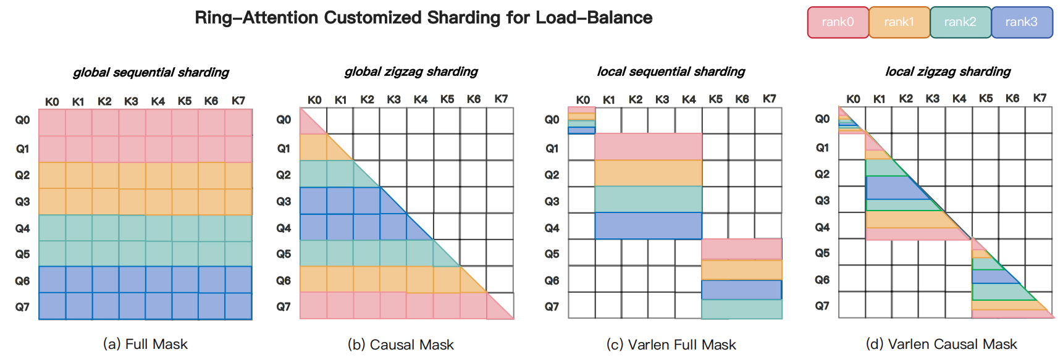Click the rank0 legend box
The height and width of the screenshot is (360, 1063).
pyautogui.click(x=838, y=22)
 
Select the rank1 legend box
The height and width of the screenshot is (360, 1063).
pyautogui.click(x=899, y=22)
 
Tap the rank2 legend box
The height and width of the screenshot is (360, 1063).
pyautogui.click(x=960, y=22)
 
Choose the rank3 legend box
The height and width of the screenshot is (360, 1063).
pyautogui.click(x=1021, y=22)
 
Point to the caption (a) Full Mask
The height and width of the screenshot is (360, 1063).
pyautogui.click(x=145, y=344)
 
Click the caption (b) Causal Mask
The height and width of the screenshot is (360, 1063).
pyautogui.click(x=401, y=344)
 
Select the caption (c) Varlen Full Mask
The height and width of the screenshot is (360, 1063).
pyautogui.click(x=671, y=344)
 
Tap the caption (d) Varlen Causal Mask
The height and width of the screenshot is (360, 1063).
pyautogui.click(x=941, y=344)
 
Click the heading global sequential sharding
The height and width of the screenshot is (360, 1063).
pyautogui.click(x=151, y=72)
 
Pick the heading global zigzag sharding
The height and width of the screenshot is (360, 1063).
pyautogui.click(x=411, y=72)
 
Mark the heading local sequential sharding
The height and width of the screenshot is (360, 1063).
pyautogui.click(x=671, y=72)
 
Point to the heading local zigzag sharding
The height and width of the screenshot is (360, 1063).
pyautogui.click(x=948, y=72)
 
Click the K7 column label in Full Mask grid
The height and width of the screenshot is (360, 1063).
pyautogui.click(x=238, y=101)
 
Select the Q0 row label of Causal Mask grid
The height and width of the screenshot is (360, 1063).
pyautogui.click(x=284, y=119)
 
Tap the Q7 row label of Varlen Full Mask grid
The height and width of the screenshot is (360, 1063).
pyautogui.click(x=552, y=306)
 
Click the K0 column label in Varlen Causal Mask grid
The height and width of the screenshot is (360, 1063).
pyautogui.click(x=853, y=99)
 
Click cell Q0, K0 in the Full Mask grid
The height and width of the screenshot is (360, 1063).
pyautogui.click(x=52, y=122)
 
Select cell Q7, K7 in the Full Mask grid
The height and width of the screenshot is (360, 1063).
pyautogui.click(x=238, y=306)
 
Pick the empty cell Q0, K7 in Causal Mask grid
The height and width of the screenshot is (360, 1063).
pyautogui.click(x=500, y=120)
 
